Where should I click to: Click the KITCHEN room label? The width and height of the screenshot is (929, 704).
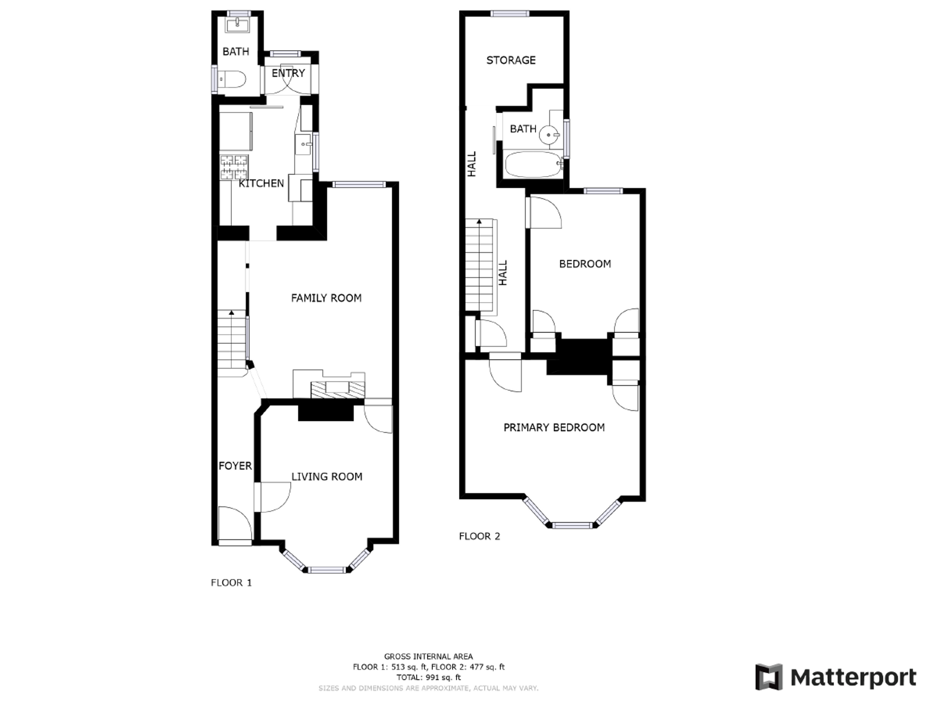pyautogui.click(x=261, y=184)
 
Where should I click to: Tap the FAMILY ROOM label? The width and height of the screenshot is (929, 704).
pyautogui.click(x=326, y=298)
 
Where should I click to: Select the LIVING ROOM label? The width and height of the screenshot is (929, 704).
pyautogui.click(x=327, y=476)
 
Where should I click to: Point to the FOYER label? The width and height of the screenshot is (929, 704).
pyautogui.click(x=235, y=466)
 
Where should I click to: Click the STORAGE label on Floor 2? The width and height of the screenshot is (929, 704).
pyautogui.click(x=511, y=60)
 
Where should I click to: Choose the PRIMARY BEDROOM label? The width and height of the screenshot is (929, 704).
pyautogui.click(x=554, y=428)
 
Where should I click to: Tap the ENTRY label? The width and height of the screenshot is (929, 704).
pyautogui.click(x=288, y=73)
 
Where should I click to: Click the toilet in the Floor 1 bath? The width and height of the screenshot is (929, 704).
pyautogui.click(x=232, y=79)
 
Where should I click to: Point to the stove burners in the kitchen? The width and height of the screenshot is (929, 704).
pyautogui.click(x=234, y=167)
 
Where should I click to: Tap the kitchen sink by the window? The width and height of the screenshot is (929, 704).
pyautogui.click(x=303, y=145)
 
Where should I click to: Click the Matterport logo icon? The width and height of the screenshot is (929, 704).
pyautogui.click(x=769, y=677)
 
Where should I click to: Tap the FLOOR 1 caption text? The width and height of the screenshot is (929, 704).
pyautogui.click(x=231, y=583)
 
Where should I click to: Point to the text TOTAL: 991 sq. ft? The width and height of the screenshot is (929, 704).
pyautogui.click(x=428, y=677)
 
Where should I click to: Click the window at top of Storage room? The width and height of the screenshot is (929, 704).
pyautogui.click(x=510, y=13)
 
